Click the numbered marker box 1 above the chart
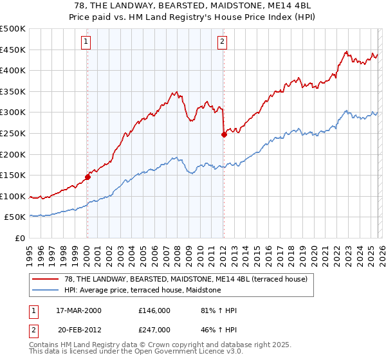(x=86, y=42)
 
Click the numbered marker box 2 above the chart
(x=222, y=42)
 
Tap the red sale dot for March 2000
(x=87, y=177)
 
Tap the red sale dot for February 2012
(x=223, y=135)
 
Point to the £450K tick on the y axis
(x=13, y=50)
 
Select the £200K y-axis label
(x=13, y=154)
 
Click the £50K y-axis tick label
(x=15, y=217)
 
